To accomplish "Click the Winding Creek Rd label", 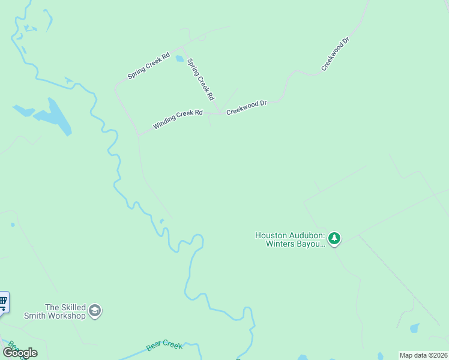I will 178,119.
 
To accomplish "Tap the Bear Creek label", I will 164,346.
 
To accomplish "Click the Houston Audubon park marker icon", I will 334,239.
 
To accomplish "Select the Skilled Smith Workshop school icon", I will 95,310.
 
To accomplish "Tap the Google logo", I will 20,352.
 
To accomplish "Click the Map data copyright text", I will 423,355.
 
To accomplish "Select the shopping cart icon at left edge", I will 3,301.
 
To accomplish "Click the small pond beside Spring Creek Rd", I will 179,59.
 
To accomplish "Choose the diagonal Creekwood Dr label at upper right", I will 335,55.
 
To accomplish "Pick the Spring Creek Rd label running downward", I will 201,79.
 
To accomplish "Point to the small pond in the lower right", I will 415,328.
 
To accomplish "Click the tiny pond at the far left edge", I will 12,225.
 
